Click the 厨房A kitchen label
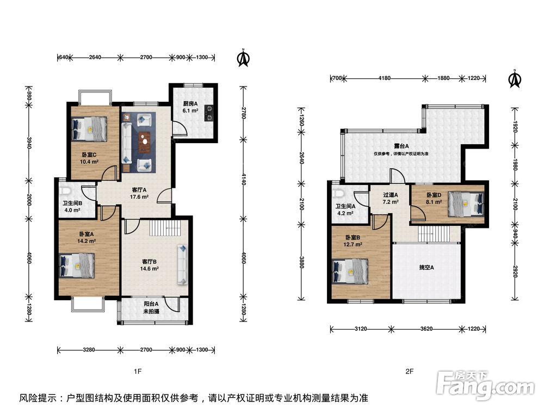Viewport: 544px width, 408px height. click(x=190, y=103)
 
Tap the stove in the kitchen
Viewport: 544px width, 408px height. click(x=209, y=113)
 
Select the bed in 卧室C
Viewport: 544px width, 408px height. click(x=90, y=129)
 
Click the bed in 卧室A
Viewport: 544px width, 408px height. click(x=77, y=266)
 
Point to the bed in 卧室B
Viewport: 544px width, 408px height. click(x=350, y=271)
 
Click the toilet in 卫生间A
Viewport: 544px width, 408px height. click(x=338, y=193)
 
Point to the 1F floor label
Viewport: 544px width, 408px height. click(x=138, y=372)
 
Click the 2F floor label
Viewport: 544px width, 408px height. click(x=410, y=372)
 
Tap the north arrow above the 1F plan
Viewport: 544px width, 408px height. click(x=244, y=58)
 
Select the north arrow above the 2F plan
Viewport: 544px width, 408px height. click(x=515, y=79)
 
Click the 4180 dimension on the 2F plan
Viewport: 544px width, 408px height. click(x=385, y=78)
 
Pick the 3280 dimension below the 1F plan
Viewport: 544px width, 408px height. click(x=89, y=350)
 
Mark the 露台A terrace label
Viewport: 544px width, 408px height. click(x=401, y=146)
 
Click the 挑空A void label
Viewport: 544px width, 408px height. click(x=426, y=268)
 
